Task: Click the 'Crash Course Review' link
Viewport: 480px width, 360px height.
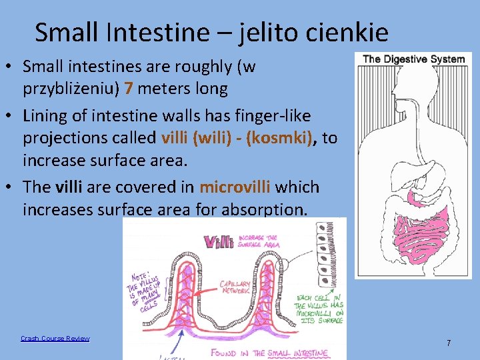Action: tap(55, 339)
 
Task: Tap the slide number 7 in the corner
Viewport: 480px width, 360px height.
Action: tap(449, 343)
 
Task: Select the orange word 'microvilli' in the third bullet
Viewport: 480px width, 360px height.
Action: tap(235, 187)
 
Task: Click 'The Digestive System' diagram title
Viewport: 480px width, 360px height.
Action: tap(413, 59)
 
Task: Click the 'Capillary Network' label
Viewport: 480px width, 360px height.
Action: tap(234, 287)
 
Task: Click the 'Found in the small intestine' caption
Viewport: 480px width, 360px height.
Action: tap(270, 353)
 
